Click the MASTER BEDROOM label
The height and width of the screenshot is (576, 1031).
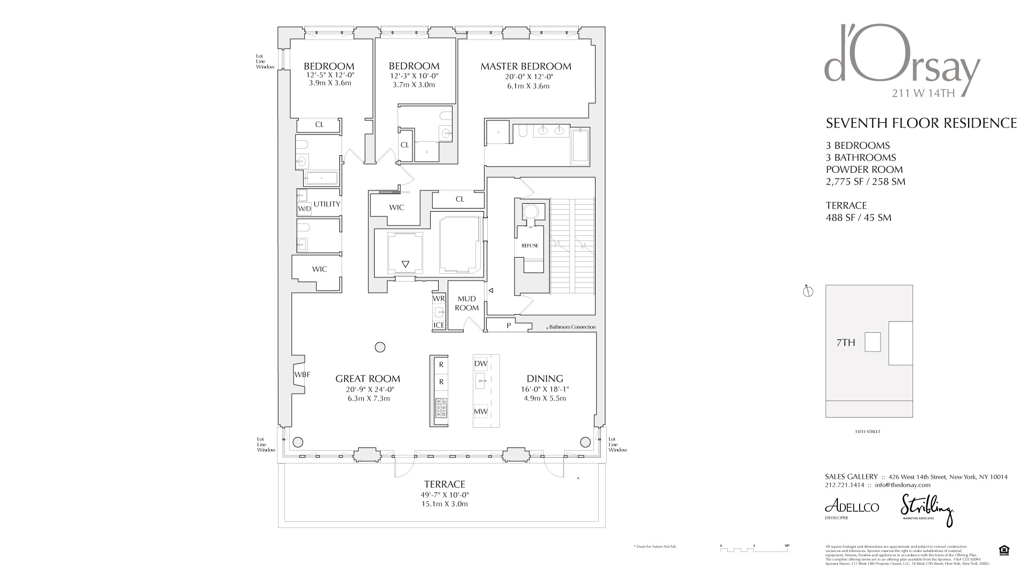point(526,67)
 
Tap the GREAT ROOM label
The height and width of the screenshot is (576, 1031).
point(368,379)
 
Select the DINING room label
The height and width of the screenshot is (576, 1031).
point(545,379)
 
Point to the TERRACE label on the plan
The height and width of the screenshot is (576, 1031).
point(445,484)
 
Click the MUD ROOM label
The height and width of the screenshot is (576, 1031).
point(466,303)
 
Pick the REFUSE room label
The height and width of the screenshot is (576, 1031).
point(530,245)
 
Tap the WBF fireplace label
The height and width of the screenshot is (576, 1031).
point(302,374)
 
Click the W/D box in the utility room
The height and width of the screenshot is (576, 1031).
point(304,209)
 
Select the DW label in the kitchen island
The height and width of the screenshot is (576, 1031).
point(481,364)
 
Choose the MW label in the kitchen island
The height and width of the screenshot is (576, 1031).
point(481,411)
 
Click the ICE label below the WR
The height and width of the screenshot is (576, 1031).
point(439,325)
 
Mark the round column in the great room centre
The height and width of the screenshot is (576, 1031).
point(380,347)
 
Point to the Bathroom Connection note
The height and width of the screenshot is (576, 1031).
point(572,327)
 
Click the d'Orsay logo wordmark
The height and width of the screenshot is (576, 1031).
point(902,59)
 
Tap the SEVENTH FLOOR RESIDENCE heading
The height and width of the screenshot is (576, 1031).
point(921,123)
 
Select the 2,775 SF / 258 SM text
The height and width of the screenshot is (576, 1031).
point(866,181)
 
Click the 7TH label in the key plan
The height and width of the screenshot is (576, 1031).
point(846,342)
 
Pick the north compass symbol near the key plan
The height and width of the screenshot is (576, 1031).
point(808,291)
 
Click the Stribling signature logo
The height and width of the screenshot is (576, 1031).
point(926,510)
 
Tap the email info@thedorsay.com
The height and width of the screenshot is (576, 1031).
point(902,485)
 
